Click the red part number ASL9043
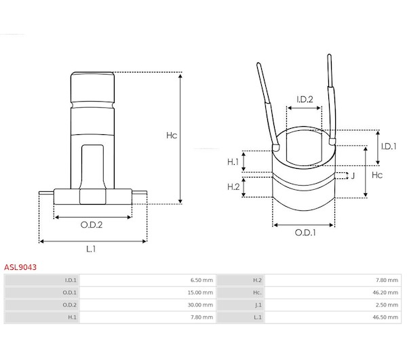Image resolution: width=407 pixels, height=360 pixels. click(x=20, y=267)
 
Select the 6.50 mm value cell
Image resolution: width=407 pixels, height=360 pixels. click(x=201, y=280)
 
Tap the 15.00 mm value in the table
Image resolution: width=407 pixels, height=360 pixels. click(x=200, y=293)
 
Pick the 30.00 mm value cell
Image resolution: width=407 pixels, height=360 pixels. click(x=200, y=305)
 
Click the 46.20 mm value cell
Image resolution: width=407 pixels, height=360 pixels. click(x=385, y=293)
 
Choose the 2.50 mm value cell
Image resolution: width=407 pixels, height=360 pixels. click(x=387, y=305)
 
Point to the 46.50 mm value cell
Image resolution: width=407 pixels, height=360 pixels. click(x=385, y=317)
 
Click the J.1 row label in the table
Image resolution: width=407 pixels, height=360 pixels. click(x=258, y=305)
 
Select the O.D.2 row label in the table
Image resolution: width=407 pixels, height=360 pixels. click(x=70, y=305)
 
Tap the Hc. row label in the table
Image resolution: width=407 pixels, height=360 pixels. click(x=258, y=293)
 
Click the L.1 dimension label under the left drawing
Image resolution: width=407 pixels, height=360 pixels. click(x=91, y=249)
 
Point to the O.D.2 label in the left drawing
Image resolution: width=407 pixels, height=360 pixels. click(x=92, y=224)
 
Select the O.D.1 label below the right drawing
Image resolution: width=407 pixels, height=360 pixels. click(x=305, y=233)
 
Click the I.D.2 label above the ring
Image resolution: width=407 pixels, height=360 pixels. click(x=305, y=99)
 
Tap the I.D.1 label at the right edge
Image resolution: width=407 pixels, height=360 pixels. click(x=389, y=146)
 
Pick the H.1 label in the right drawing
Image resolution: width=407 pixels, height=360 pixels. click(x=233, y=162)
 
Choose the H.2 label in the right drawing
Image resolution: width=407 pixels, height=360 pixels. click(x=233, y=186)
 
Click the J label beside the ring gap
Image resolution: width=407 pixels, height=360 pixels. click(x=353, y=176)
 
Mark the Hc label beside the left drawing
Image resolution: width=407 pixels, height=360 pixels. click(x=172, y=135)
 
